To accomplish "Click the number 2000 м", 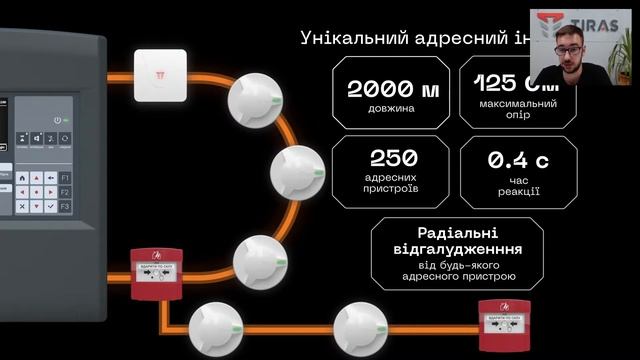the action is (x=392, y=88).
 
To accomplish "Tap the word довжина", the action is (x=392, y=108).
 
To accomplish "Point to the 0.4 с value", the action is (x=518, y=160).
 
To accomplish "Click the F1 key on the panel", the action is (x=64, y=177).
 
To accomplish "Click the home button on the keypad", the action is (x=22, y=177).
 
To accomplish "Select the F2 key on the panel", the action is (x=64, y=191).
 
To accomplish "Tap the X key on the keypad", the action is (x=22, y=205).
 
